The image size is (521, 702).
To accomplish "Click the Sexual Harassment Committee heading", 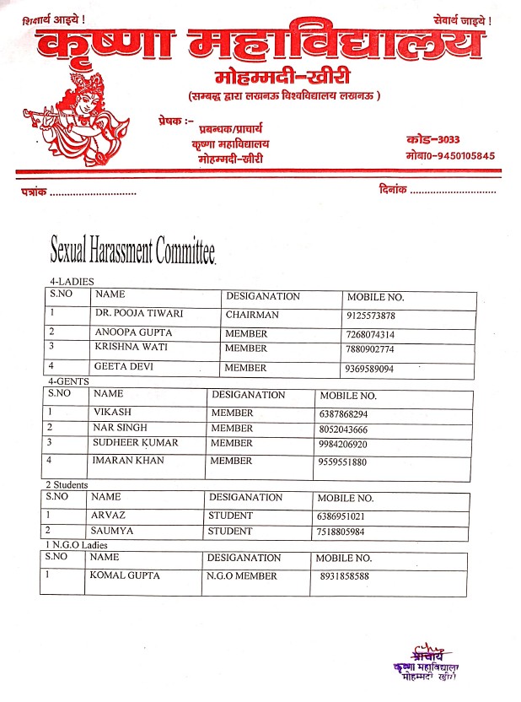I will click(132, 250).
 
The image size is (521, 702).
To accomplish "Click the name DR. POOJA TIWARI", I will click(139, 315).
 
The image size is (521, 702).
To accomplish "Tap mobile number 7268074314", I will click(371, 335).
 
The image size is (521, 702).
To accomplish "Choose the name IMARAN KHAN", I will click(128, 461).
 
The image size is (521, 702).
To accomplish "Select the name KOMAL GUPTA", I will click(125, 575).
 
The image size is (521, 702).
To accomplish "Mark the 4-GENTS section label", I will click(68, 382).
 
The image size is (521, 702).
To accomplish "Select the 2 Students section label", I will click(68, 485).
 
